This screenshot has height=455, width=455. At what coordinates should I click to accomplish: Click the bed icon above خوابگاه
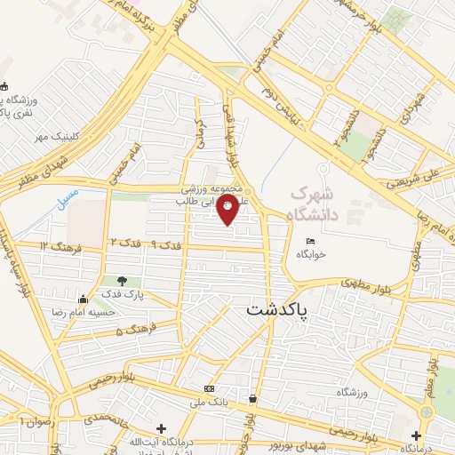(x=310, y=241)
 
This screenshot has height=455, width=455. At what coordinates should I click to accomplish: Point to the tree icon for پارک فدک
(x=110, y=282)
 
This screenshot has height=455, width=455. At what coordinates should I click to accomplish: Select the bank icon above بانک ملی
(x=208, y=389)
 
